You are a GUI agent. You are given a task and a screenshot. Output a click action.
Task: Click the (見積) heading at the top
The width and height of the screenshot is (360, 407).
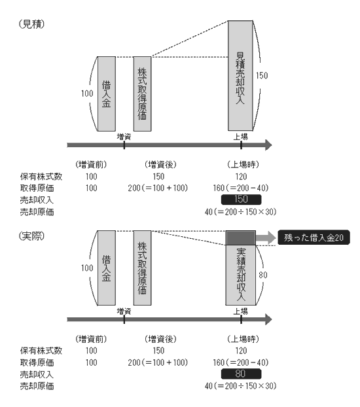click(31, 24)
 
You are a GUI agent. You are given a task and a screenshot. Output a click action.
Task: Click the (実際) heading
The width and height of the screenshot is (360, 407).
click(31, 236)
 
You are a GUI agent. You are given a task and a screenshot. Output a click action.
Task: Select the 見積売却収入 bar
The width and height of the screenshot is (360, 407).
click(240, 75)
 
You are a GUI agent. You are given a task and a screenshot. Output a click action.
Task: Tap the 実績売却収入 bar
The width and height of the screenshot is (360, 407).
click(240, 275)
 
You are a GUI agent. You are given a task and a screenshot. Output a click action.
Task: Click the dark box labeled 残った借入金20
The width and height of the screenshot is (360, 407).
click(314, 238)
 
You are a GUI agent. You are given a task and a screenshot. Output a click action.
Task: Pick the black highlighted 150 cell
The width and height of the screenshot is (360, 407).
click(241, 200)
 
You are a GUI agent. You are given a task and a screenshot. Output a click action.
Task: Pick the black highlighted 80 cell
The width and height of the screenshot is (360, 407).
click(241, 374)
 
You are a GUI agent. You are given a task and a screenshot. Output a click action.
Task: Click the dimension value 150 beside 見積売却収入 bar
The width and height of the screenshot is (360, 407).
click(262, 75)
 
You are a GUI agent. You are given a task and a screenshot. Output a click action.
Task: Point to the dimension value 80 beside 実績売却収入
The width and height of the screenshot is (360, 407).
click(263, 275)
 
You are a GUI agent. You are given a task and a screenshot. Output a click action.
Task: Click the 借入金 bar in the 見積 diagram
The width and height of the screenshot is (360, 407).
click(107, 94)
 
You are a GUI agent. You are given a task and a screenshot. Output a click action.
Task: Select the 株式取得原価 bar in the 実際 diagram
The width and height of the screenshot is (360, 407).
click(142, 268)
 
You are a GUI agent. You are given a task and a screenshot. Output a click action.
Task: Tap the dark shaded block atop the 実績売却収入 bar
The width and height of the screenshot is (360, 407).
click(240, 238)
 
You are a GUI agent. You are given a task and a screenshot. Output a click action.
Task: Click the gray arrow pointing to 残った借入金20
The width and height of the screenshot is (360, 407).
click(266, 238)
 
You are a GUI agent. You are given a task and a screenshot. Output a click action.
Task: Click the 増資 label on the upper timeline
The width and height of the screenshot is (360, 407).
click(124, 137)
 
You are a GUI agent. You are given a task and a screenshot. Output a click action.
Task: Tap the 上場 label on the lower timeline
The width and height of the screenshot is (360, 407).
click(240, 311)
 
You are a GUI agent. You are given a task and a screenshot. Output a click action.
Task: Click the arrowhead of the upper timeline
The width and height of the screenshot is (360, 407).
click(268, 145)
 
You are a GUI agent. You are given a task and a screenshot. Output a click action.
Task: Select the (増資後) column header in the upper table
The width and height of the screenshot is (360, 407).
click(160, 164)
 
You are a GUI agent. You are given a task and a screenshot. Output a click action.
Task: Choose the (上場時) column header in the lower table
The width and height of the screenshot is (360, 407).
click(243, 339)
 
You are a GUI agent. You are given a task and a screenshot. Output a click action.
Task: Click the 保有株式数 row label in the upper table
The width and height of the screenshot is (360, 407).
click(41, 177)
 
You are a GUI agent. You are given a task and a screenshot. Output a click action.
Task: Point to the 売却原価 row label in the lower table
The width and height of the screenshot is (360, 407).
click(37, 386)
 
